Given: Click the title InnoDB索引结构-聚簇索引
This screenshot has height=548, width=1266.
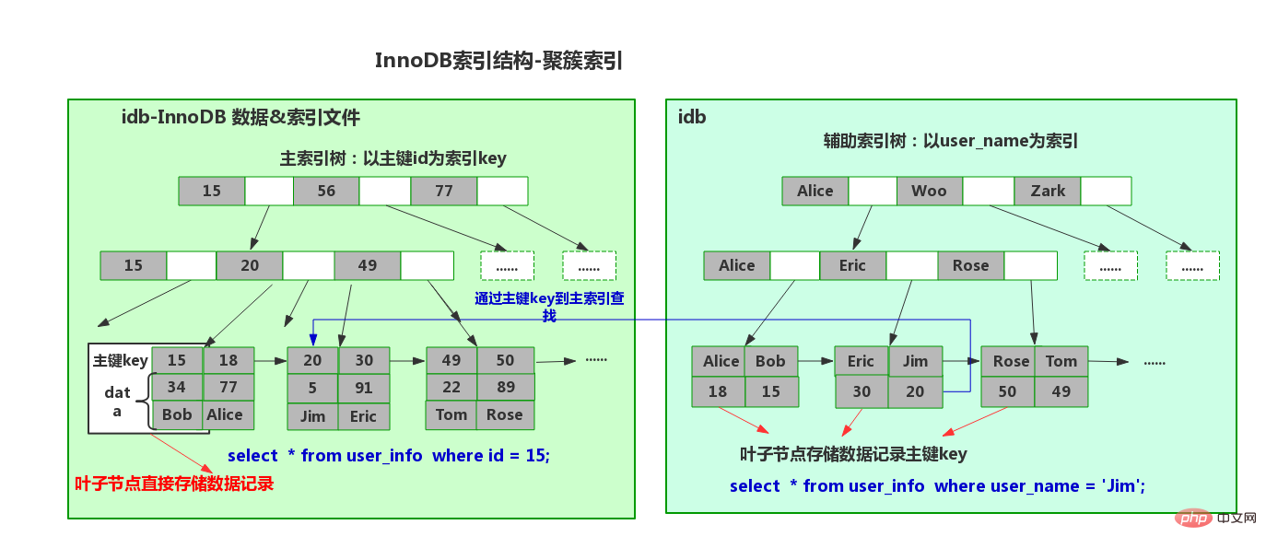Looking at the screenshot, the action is [498, 61].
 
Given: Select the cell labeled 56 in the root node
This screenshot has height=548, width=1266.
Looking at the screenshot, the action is [326, 191].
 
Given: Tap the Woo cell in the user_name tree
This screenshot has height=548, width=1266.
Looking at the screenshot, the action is [929, 191].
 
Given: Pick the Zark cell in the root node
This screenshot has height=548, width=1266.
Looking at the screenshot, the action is [1048, 191].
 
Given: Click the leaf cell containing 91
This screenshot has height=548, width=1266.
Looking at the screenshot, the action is [364, 388].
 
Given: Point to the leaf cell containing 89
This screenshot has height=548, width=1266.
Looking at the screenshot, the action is [505, 387].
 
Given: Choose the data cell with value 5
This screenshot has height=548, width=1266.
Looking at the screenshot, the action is [312, 388].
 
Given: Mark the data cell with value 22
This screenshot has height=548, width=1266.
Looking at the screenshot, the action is [451, 387].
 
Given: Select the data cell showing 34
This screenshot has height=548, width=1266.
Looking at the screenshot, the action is [176, 387].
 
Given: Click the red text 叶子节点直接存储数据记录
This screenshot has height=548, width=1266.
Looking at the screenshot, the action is [174, 484].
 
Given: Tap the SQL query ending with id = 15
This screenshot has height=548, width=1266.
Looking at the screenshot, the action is [389, 455].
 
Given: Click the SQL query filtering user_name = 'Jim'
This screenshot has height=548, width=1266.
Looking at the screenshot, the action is [937, 486].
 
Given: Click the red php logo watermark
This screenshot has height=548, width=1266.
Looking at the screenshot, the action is [1193, 518].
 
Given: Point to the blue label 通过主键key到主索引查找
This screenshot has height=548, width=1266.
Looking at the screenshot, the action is [549, 307].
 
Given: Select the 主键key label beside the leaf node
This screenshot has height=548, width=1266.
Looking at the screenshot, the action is [121, 360].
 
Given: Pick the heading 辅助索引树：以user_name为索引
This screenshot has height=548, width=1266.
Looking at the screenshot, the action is [950, 141].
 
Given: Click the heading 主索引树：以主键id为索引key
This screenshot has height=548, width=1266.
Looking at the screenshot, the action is [393, 158].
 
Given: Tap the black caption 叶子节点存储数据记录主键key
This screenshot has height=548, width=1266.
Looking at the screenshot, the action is [853, 454].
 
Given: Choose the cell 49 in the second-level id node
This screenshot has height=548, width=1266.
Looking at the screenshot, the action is [368, 265].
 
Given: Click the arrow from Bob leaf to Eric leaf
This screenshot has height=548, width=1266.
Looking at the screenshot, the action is [816, 361].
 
